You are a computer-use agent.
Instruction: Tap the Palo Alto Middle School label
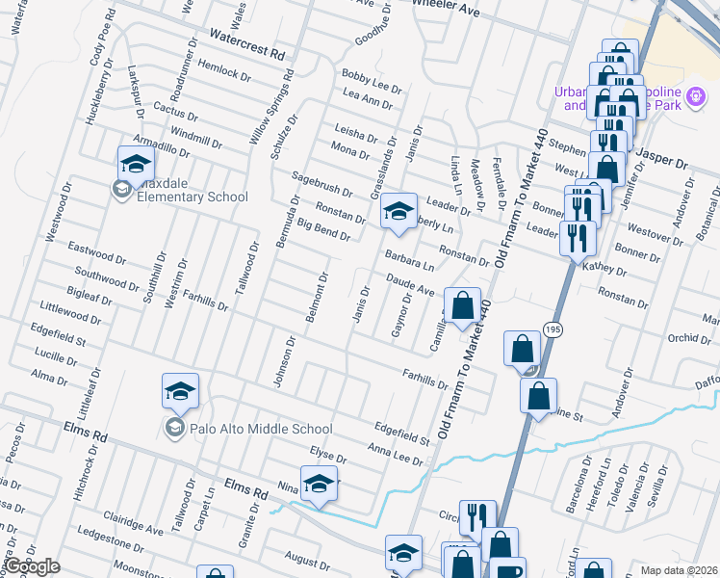[248, 430]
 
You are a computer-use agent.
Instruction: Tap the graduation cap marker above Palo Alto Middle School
[180, 391]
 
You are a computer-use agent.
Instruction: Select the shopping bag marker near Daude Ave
[463, 306]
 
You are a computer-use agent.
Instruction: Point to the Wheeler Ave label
[444, 7]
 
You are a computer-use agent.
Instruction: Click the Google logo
[32, 567]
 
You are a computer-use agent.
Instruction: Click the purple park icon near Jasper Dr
[693, 98]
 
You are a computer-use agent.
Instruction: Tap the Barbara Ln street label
[409, 261]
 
